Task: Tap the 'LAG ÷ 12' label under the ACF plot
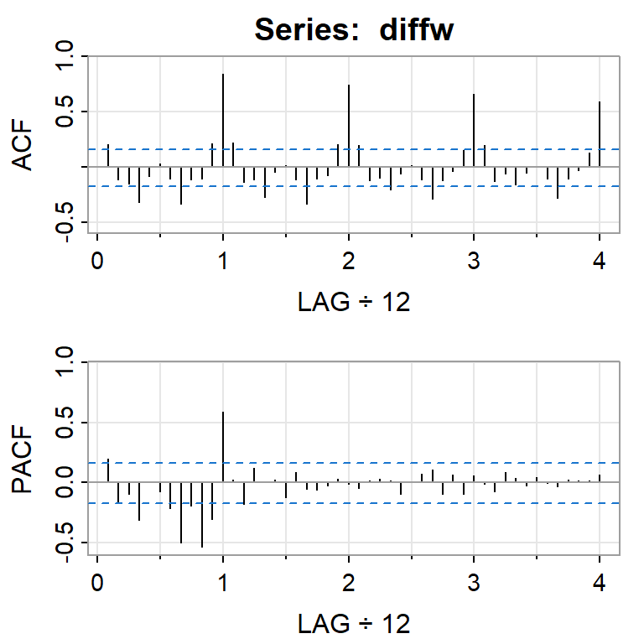[353, 302]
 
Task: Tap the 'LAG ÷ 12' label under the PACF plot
[353, 623]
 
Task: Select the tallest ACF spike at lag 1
[223, 117]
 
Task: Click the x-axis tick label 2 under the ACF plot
[349, 259]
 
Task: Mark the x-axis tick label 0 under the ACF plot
[97, 259]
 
